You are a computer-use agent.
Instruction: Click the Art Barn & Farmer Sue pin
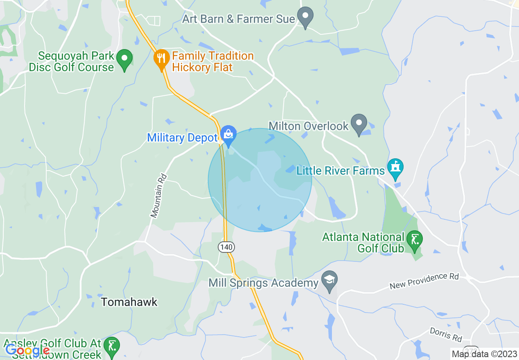pyautogui.click(x=305, y=17)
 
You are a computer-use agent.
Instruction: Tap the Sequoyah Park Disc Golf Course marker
pyautogui.click(x=124, y=59)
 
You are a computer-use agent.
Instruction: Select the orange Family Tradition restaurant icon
pyautogui.click(x=162, y=59)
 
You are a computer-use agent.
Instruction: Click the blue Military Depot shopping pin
pyautogui.click(x=228, y=135)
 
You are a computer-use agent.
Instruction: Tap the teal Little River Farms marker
pyautogui.click(x=395, y=169)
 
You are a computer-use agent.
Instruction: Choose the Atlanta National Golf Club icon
pyautogui.click(x=415, y=240)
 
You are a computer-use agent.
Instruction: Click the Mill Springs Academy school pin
pyautogui.click(x=329, y=281)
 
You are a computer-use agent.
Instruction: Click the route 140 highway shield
pyautogui.click(x=226, y=247)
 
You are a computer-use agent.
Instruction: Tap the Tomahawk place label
pyautogui.click(x=129, y=302)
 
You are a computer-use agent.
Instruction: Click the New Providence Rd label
pyautogui.click(x=424, y=281)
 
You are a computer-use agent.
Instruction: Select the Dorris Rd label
pyautogui.click(x=446, y=334)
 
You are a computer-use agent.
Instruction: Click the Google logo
pyautogui.click(x=27, y=350)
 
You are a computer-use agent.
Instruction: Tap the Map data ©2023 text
pyautogui.click(x=483, y=354)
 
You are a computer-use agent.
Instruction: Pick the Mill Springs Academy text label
pyautogui.click(x=263, y=283)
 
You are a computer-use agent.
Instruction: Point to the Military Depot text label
pyautogui.click(x=182, y=137)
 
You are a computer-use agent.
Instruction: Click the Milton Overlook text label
pyautogui.click(x=309, y=126)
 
